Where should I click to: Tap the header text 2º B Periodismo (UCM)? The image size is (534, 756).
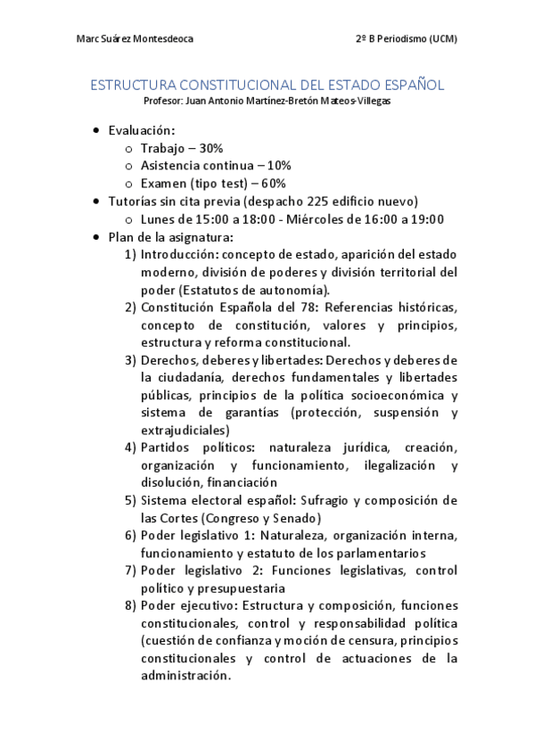pos(405,39)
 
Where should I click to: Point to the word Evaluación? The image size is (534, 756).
pos(141,131)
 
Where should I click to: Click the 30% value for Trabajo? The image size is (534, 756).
pos(210,148)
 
